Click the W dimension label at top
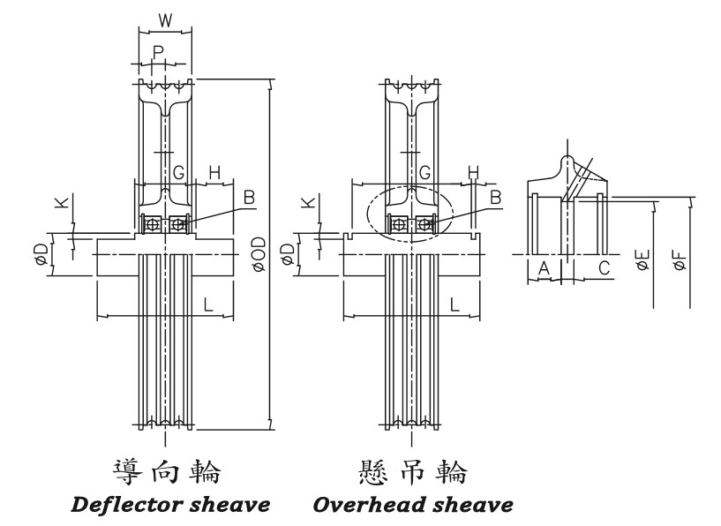tap(165, 19)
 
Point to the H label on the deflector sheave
tap(214, 172)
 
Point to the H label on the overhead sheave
tap(473, 171)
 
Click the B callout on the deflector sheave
tap(249, 197)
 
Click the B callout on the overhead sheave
tap(495, 197)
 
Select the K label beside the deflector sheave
tap(60, 204)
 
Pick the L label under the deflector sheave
tap(208, 304)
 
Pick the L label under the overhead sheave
tap(454, 304)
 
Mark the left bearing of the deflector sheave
tap(154, 224)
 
